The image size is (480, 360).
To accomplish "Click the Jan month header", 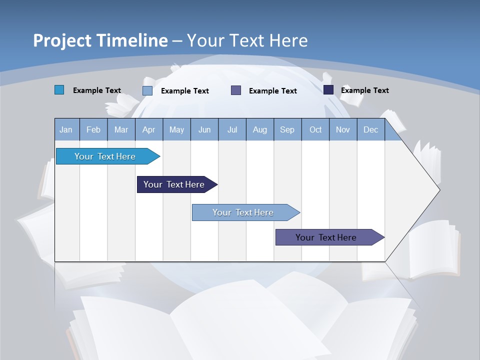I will [x=66, y=129].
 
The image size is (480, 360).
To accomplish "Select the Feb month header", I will [x=93, y=129].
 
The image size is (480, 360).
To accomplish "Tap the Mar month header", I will [x=121, y=129].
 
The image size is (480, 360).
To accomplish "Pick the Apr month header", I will [x=149, y=129].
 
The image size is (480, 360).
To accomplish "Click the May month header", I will [x=176, y=129].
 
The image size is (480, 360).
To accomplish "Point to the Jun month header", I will [x=204, y=129].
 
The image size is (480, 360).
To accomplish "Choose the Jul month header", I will [x=232, y=129].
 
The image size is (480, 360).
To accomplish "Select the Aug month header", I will [x=260, y=129].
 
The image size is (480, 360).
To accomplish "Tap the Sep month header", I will [x=287, y=129].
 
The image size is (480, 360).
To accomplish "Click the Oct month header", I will [x=315, y=129].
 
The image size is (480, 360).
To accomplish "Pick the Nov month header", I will [x=343, y=129].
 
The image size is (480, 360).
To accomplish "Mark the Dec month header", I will [x=371, y=129].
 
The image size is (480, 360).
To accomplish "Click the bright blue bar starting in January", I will [x=105, y=156].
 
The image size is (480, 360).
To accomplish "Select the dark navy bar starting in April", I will [x=174, y=184].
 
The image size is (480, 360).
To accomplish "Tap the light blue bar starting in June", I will [x=243, y=212].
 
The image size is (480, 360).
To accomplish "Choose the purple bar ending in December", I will [x=326, y=237].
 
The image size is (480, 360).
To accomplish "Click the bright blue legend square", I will [x=59, y=90].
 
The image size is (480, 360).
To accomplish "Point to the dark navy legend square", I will [x=328, y=90].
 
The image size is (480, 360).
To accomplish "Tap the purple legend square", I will [x=236, y=90].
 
